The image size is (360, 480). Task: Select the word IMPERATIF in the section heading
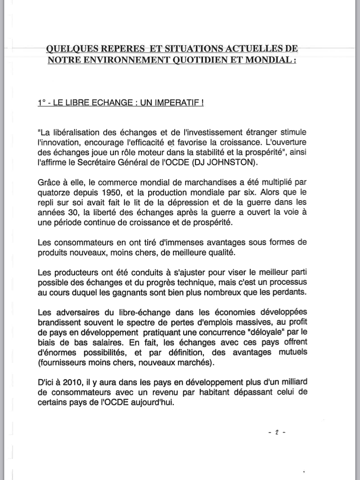tap(178, 102)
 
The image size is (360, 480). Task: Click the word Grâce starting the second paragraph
tap(48, 181)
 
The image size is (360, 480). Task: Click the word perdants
tap(290, 292)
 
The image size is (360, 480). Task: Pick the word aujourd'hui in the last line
tap(153, 403)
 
